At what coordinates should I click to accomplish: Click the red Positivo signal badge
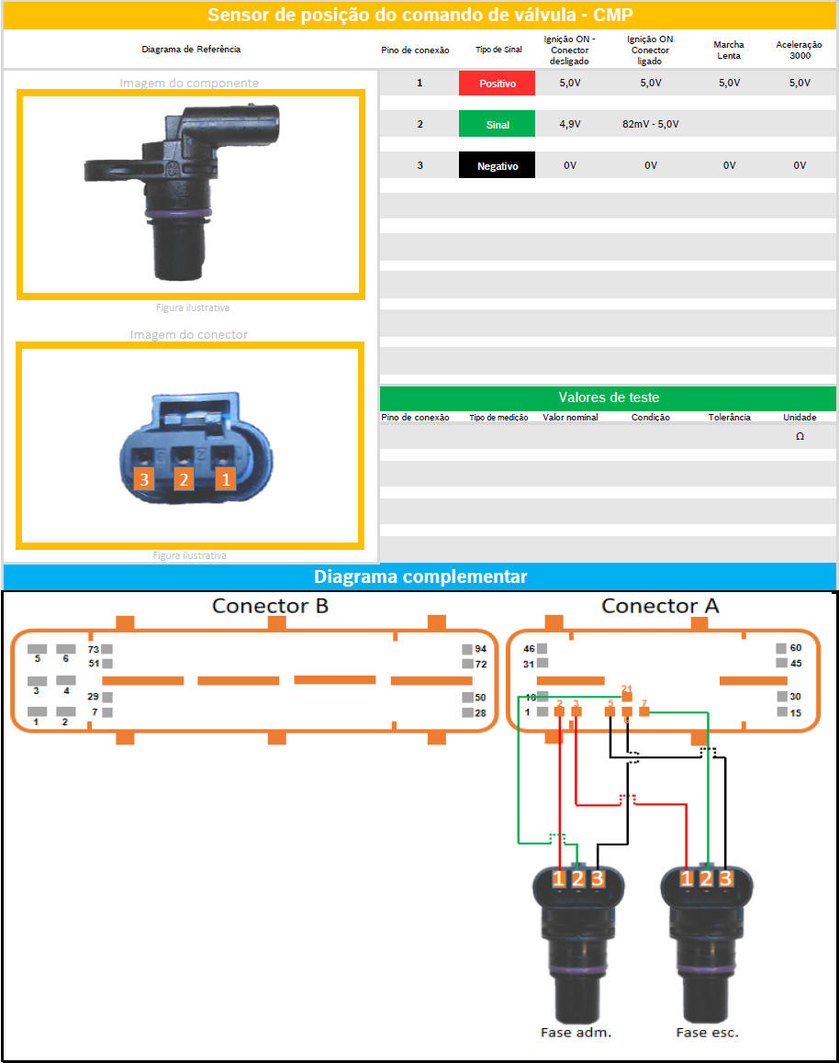(497, 84)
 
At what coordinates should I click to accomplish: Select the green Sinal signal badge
(497, 125)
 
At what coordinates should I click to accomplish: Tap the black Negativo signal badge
(497, 166)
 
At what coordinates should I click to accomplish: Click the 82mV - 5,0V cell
(650, 124)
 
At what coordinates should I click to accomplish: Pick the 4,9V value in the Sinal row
(570, 124)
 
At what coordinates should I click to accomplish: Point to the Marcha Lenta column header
(729, 50)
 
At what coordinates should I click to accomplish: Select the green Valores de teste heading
(608, 397)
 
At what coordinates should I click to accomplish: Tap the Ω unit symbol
(800, 437)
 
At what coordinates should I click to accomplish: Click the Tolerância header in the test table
(729, 417)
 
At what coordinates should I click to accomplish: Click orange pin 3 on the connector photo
(143, 478)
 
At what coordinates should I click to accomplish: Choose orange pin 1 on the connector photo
(226, 478)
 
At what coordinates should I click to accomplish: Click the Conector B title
(270, 606)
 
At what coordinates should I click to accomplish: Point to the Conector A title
(660, 606)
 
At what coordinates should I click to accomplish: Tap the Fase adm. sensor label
(576, 1032)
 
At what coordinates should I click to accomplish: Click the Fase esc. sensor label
(707, 1032)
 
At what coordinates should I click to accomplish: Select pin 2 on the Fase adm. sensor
(578, 878)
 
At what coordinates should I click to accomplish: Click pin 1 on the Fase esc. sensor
(688, 878)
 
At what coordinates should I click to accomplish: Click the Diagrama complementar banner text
(420, 576)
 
